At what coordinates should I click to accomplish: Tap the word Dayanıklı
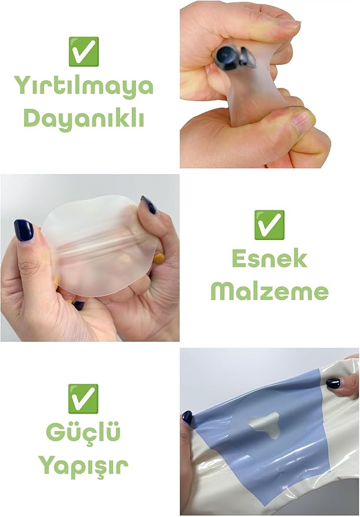tap(84, 118)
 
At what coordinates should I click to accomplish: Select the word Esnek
tap(269, 259)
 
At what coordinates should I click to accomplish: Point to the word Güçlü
tap(83, 432)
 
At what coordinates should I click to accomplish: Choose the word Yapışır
tap(83, 466)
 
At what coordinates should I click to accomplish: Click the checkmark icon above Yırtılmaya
tap(84, 51)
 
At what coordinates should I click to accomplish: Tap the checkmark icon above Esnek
tap(269, 225)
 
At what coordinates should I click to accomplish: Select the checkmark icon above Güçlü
tap(83, 399)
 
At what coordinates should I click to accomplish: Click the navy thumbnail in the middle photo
tap(24, 230)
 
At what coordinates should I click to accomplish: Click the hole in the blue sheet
tap(264, 424)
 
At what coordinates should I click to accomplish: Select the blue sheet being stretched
tap(261, 435)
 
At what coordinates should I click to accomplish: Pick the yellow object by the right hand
tap(159, 259)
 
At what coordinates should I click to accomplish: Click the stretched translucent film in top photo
tap(252, 89)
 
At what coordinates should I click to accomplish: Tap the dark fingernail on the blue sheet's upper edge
tap(333, 383)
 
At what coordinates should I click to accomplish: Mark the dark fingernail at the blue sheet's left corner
tap(187, 417)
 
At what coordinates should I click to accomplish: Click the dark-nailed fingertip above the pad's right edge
tap(149, 205)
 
